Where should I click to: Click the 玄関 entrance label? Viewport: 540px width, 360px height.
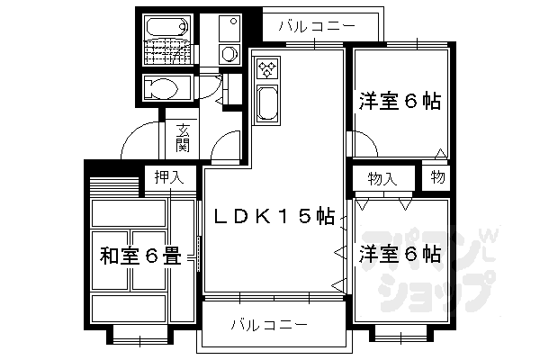(x=183, y=136)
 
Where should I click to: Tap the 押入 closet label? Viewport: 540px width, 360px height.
(x=168, y=177)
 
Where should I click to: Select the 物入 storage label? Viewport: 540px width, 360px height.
(x=382, y=179)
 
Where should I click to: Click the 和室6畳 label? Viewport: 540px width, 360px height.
(x=140, y=258)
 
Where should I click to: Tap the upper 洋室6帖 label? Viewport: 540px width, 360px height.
(x=400, y=102)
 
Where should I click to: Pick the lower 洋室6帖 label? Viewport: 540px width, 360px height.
(x=400, y=254)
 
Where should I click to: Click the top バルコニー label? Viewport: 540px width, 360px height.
(x=315, y=27)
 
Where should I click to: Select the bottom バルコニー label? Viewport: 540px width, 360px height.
(x=269, y=323)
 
